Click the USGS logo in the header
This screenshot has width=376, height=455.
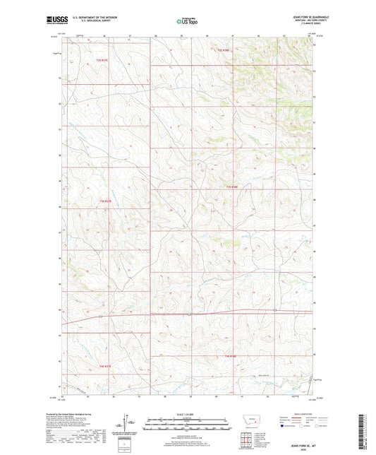point(51,22)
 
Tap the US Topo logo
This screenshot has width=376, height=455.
point(187,22)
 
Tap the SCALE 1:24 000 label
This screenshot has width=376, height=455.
point(188,414)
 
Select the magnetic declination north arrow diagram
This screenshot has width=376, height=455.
point(132,425)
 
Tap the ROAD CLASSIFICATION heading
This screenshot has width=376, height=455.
point(289,414)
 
